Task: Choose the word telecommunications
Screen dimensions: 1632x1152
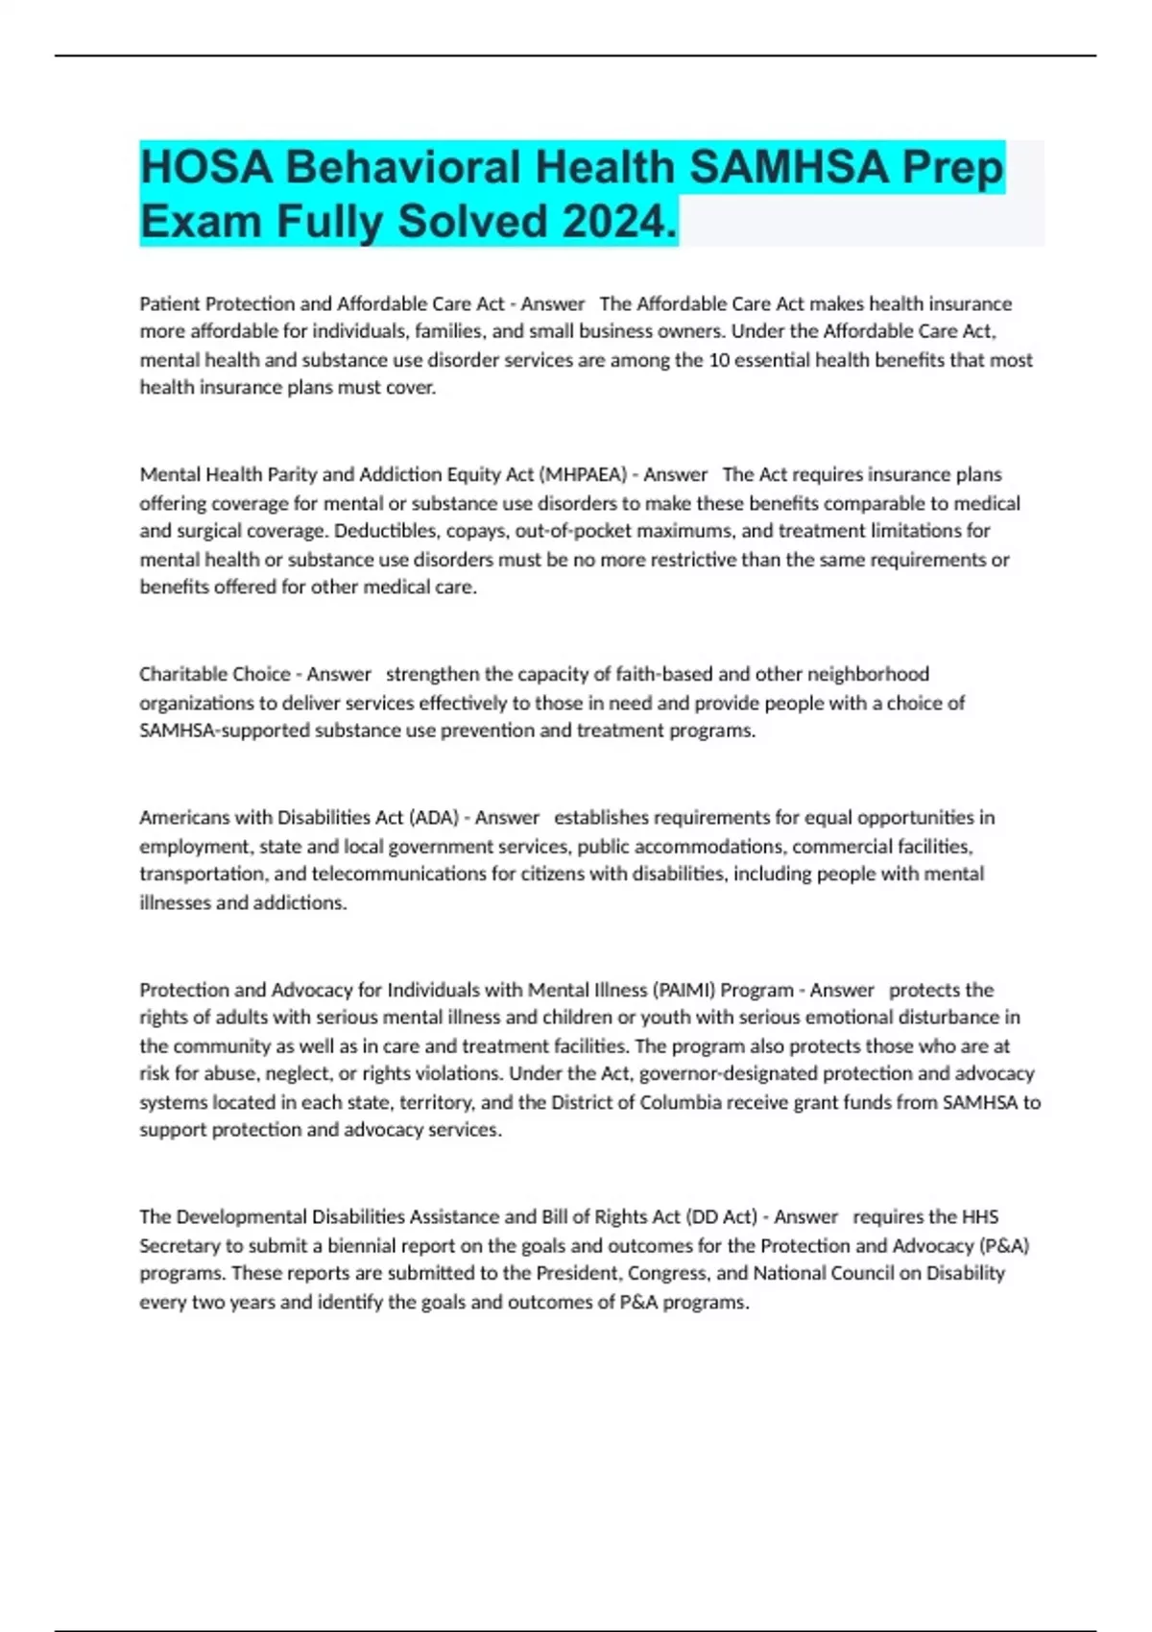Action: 399,875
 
